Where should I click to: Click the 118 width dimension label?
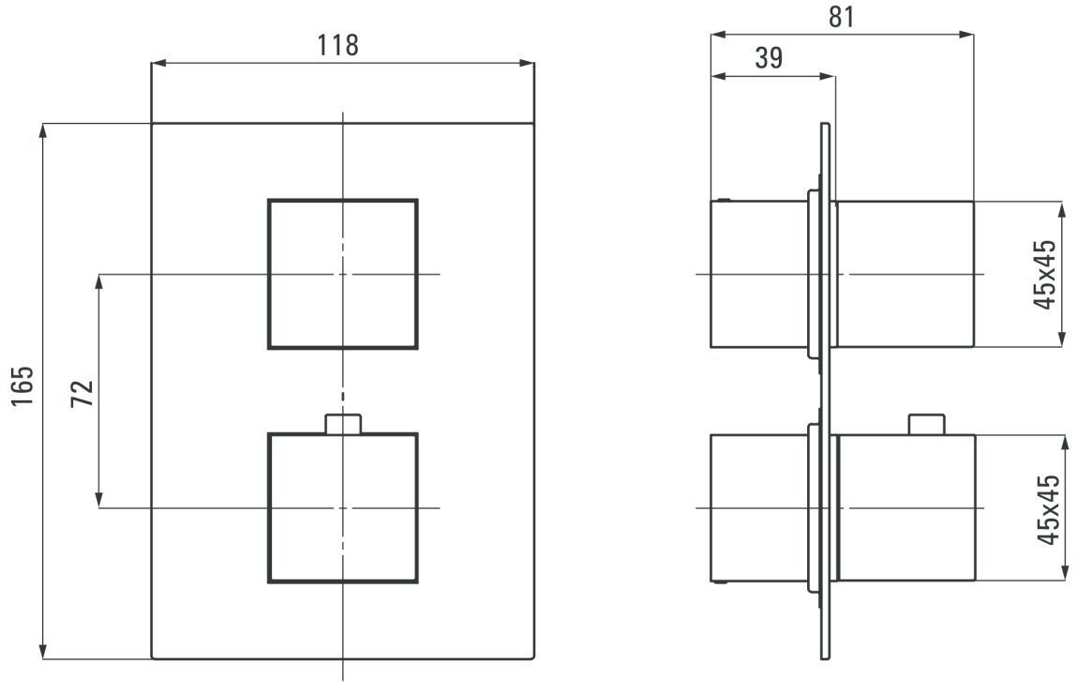tap(337, 45)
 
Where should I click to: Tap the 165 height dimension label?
tap(22, 385)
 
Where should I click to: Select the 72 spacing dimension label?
tap(82, 394)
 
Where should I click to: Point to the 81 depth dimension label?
tap(842, 17)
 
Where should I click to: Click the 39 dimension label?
tap(769, 58)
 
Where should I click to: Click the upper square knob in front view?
tap(343, 275)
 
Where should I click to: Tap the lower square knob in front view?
tap(343, 508)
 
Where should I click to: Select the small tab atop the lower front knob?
tap(343, 424)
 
